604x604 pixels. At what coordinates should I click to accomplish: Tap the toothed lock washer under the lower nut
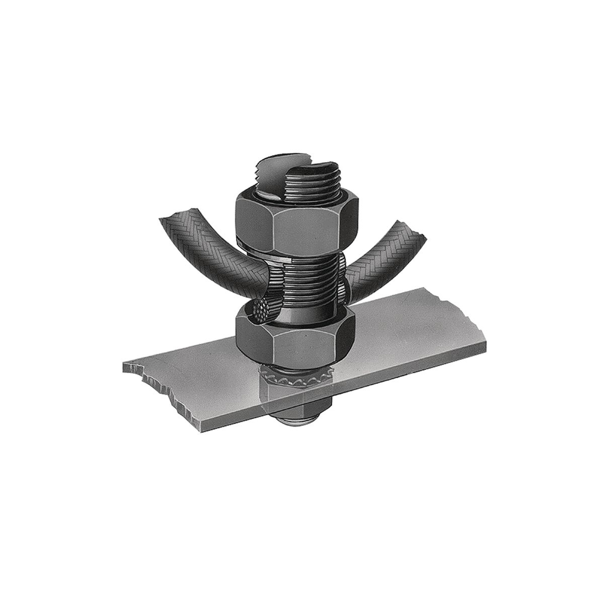295,377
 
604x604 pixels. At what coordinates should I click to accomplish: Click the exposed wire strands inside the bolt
261,309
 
